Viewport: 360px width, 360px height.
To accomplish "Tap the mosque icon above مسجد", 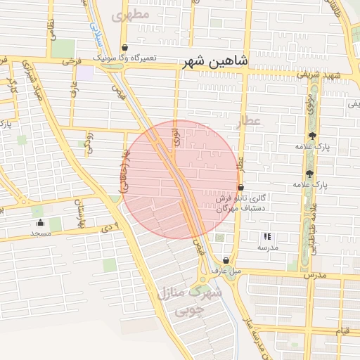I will pos(40,223).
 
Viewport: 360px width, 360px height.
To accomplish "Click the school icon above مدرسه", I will pos(266,237).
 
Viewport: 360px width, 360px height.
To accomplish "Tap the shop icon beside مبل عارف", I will pos(225,259).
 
